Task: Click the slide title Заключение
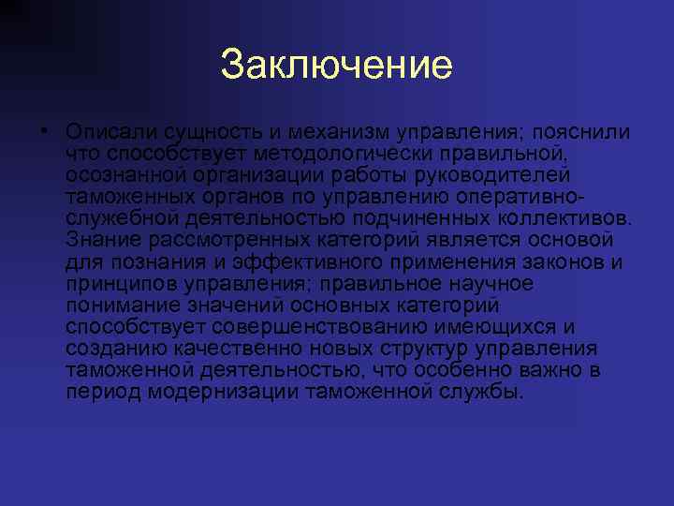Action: (x=337, y=66)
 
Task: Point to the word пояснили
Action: (x=579, y=132)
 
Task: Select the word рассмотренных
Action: (x=219, y=240)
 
